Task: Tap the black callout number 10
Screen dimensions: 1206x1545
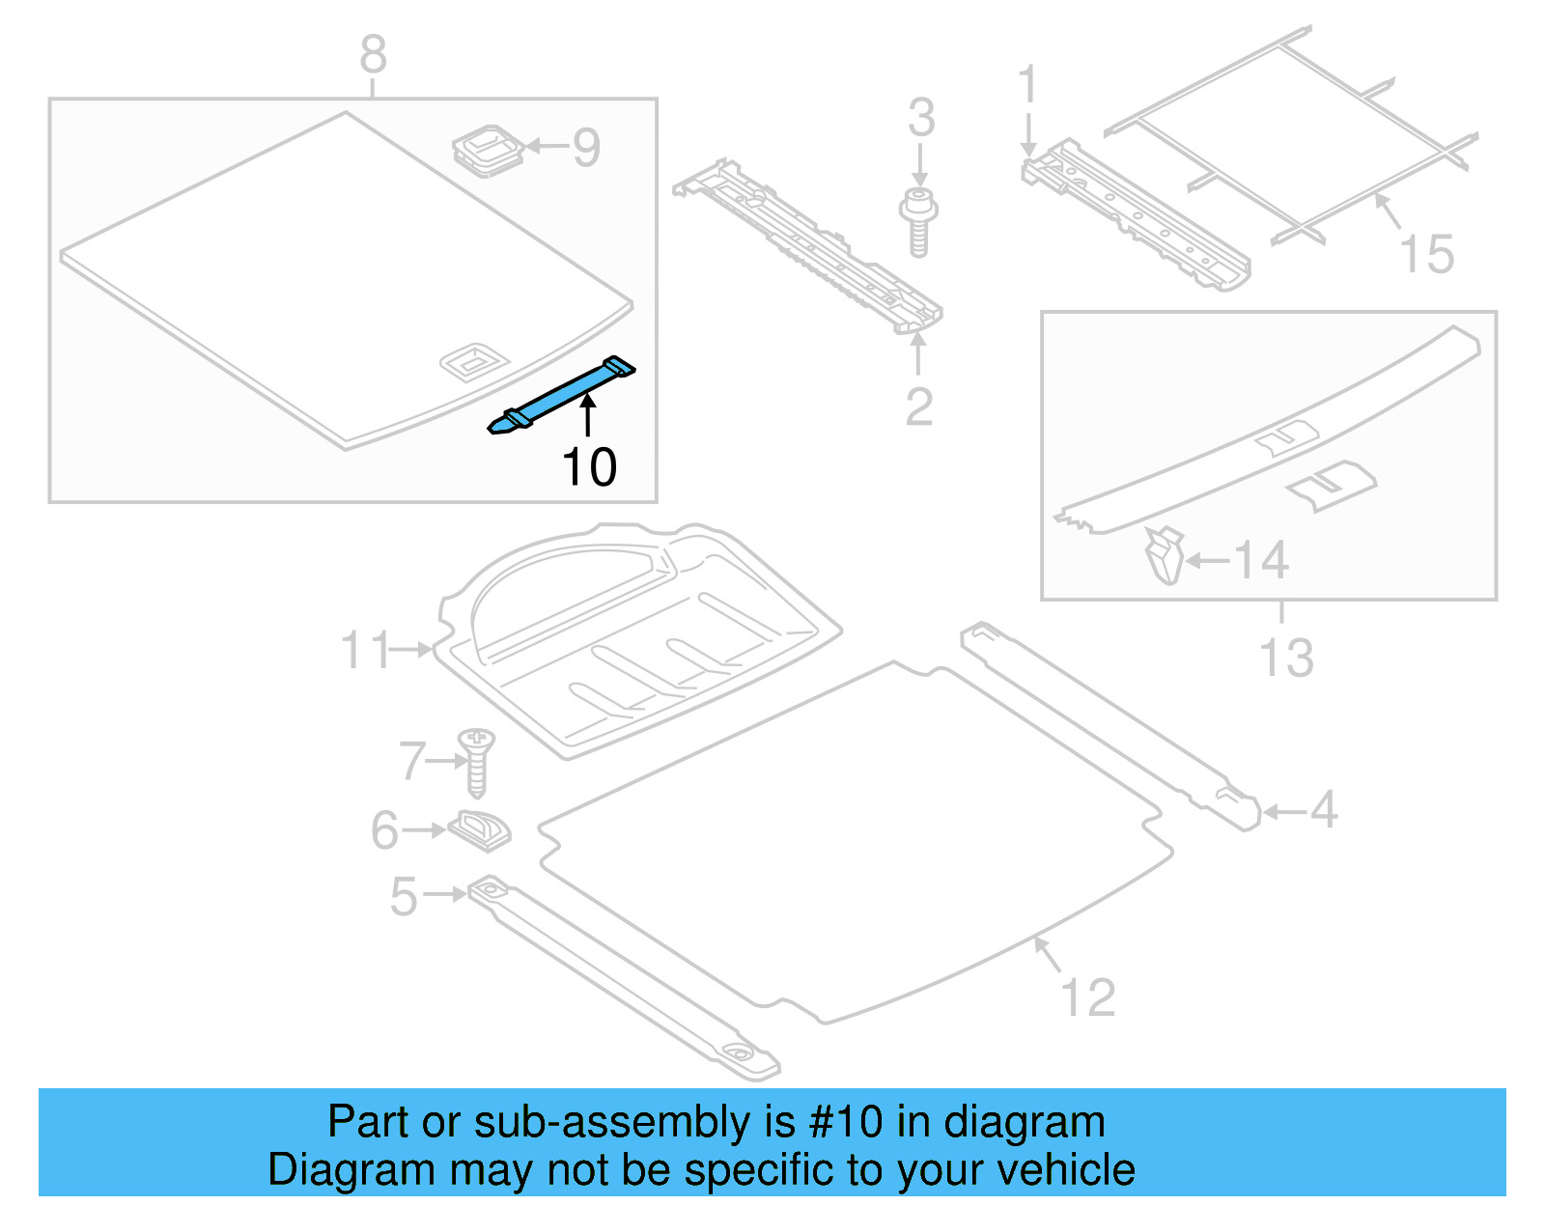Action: coord(588,467)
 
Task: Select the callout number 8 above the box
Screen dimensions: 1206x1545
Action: coord(373,55)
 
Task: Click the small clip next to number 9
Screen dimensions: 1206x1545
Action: coord(489,150)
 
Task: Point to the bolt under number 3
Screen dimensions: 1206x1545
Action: coord(918,222)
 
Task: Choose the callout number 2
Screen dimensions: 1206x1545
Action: coord(918,407)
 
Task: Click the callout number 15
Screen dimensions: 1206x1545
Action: coord(1426,255)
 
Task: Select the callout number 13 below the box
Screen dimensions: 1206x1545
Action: coord(1286,659)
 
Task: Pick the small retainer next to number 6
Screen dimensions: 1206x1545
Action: coord(480,828)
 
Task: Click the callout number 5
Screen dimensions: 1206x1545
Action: coord(404,897)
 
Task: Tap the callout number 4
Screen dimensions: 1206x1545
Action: coord(1324,809)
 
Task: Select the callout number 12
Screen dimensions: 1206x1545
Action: coord(1088,997)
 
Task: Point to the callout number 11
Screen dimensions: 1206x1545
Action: coord(365,651)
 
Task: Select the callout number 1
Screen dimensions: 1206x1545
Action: coord(1027,85)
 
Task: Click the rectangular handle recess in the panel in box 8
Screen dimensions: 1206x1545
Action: coord(473,361)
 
